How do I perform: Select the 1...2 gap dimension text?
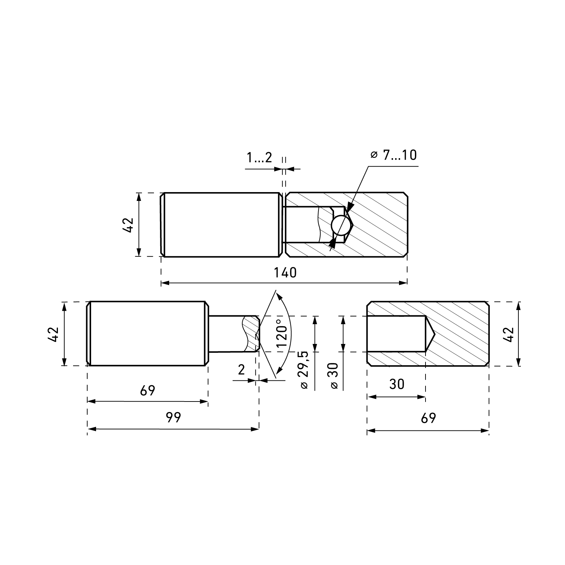260,157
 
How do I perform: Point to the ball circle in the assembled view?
342,225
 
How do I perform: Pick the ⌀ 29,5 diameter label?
304,370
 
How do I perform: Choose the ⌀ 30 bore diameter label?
334,376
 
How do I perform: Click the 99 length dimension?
173,417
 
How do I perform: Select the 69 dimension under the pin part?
148,391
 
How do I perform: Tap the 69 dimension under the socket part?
428,418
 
